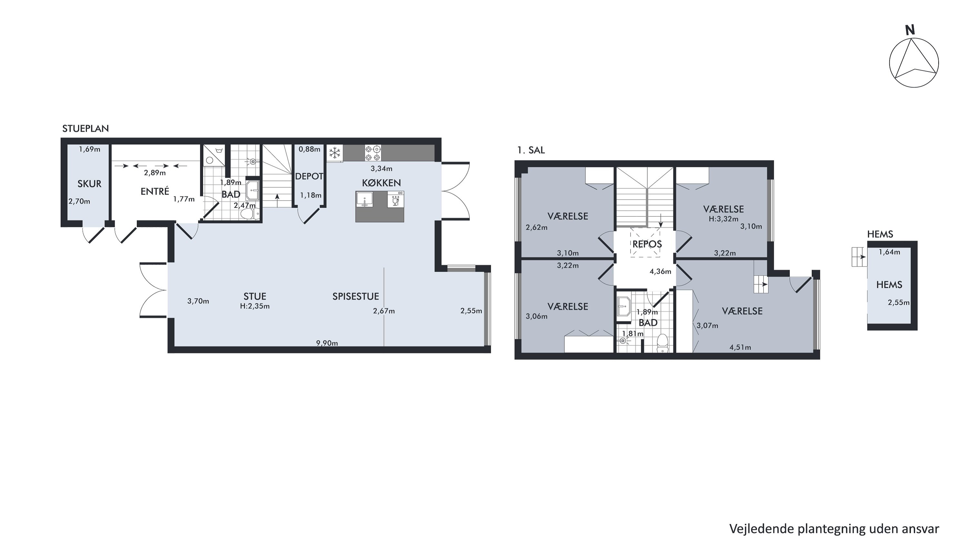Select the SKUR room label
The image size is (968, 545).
click(x=89, y=184)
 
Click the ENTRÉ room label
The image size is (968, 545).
click(x=155, y=192)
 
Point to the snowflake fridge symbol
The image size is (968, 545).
click(x=334, y=153)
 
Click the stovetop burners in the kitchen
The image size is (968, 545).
click(x=373, y=153)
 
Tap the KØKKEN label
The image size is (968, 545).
click(x=381, y=183)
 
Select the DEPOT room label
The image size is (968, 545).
click(x=309, y=176)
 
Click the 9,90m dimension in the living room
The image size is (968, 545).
click(x=327, y=343)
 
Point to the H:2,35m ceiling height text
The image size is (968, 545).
click(x=255, y=306)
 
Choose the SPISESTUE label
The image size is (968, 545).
click(x=356, y=296)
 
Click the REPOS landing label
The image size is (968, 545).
click(x=647, y=244)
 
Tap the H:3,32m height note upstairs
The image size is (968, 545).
click(x=723, y=219)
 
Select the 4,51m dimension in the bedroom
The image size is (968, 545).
click(x=740, y=348)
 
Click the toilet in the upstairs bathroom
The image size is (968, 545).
click(x=662, y=343)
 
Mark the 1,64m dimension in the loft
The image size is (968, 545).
click(x=890, y=252)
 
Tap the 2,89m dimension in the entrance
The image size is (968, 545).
click(x=155, y=173)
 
